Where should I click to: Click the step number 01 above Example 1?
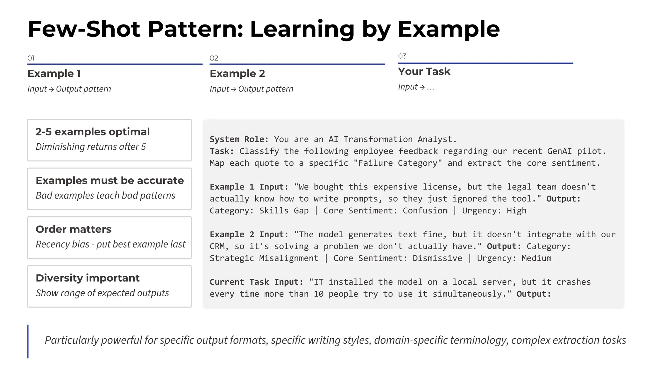[x=31, y=58]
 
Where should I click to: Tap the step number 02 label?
[x=214, y=58]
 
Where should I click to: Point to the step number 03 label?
[x=402, y=56]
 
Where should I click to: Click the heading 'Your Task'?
[x=424, y=71]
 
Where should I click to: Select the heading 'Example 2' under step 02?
[x=237, y=74]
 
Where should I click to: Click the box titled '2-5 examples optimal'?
[x=109, y=140]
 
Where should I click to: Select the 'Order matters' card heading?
[x=74, y=229]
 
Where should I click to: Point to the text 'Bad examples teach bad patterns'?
[x=105, y=195]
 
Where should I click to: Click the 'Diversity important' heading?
[x=88, y=278]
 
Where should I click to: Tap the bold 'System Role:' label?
[x=239, y=140]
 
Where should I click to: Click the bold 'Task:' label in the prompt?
[x=222, y=151]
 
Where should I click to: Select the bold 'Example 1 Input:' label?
[x=249, y=187]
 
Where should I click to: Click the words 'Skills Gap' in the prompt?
[x=284, y=211]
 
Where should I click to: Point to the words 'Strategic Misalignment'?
[x=264, y=258]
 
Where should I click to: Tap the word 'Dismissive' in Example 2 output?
[x=437, y=258]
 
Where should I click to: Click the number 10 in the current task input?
[x=318, y=294]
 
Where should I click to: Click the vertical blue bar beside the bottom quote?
[x=28, y=342]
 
